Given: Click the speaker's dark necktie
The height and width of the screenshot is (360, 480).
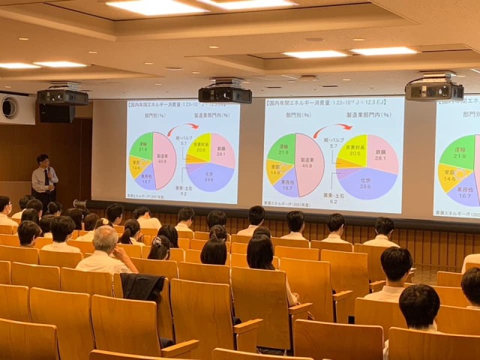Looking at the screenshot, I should tap(45, 178).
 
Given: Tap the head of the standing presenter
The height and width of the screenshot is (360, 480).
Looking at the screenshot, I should tap(43, 160).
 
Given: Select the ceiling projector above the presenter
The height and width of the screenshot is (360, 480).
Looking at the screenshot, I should tap(61, 97).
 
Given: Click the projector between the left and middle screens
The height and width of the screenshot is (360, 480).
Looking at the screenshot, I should tap(225, 94).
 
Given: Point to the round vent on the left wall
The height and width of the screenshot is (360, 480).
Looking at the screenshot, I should tap(9, 107).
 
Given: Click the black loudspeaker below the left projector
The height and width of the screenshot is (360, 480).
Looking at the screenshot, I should tap(57, 113).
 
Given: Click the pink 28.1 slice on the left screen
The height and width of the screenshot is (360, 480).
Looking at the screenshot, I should tap(220, 149).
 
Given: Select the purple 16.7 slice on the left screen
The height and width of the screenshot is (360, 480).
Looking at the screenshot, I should tap(145, 178).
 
